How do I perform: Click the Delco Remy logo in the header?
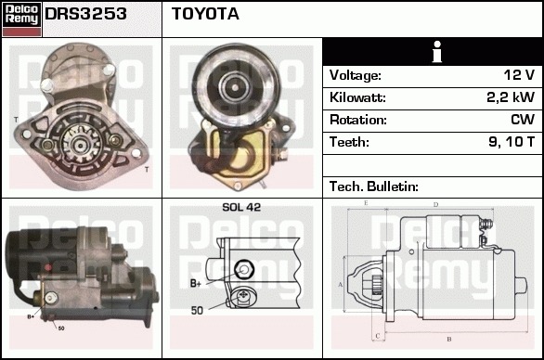tap(21, 19)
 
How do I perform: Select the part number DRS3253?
tap(85, 14)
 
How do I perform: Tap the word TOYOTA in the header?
tap(205, 14)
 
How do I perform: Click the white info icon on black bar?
tap(437, 52)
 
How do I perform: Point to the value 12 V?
tap(519, 74)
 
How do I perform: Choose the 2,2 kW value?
tap(511, 97)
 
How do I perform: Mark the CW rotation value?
tap(523, 120)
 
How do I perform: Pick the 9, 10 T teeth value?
tap(512, 142)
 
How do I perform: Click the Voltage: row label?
tap(356, 75)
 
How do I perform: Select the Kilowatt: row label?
tap(357, 97)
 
